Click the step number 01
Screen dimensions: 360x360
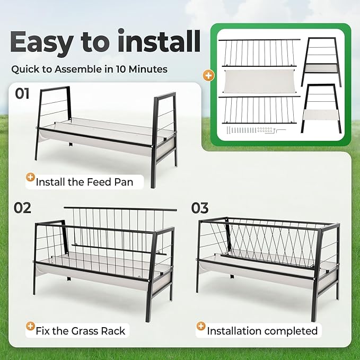click(x=22, y=94)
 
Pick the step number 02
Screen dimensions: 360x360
click(x=23, y=207)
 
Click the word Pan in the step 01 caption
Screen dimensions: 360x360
click(x=133, y=182)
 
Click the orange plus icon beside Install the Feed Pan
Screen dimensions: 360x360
click(x=30, y=179)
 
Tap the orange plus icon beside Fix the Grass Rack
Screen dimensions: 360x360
click(x=30, y=328)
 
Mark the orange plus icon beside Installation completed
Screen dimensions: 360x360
click(x=201, y=328)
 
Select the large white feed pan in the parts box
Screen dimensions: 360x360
click(x=259, y=81)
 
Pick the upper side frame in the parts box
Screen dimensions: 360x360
click(x=322, y=61)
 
